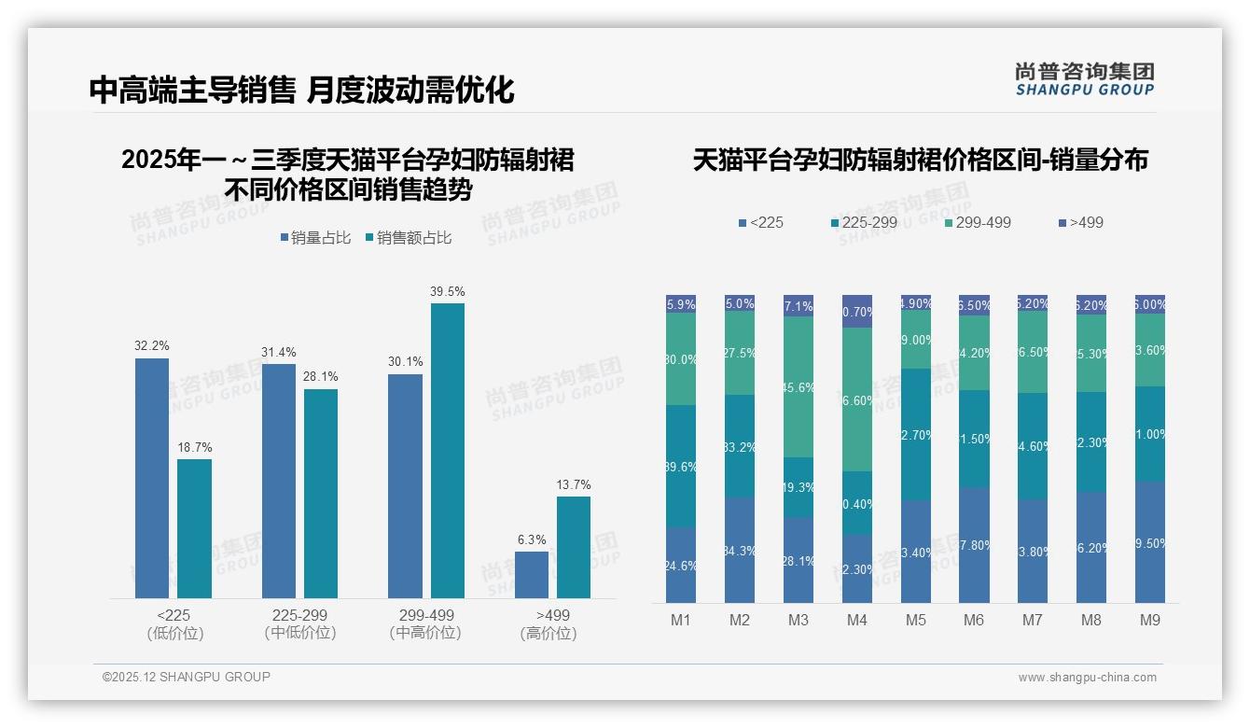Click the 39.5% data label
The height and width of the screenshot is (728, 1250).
pyautogui.click(x=447, y=291)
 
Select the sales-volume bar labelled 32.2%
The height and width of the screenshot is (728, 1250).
pyautogui.click(x=152, y=478)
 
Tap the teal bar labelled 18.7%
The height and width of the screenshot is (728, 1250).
pyautogui.click(x=194, y=528)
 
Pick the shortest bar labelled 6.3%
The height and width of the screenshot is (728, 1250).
pyautogui.click(x=532, y=575)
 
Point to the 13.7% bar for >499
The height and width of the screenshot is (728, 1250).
pyautogui.click(x=574, y=547)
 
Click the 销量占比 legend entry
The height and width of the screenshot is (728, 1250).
pyautogui.click(x=315, y=238)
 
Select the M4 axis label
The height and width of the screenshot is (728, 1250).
pyautogui.click(x=856, y=620)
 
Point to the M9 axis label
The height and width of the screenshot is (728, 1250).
pyautogui.click(x=1150, y=620)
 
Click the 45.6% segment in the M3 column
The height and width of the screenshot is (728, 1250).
pyautogui.click(x=799, y=387)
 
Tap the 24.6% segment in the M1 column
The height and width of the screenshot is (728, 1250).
pyautogui.click(x=681, y=565)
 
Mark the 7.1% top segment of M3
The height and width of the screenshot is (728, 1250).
pyautogui.click(x=799, y=306)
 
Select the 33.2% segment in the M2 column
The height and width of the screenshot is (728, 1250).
pyautogui.click(x=740, y=446)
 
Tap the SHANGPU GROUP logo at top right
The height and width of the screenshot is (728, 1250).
pyautogui.click(x=1084, y=79)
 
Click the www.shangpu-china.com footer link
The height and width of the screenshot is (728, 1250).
pyautogui.click(x=1087, y=678)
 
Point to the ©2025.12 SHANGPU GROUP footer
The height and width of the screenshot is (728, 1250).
pyautogui.click(x=187, y=677)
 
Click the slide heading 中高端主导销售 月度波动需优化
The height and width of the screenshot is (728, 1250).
pyautogui.click(x=301, y=90)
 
